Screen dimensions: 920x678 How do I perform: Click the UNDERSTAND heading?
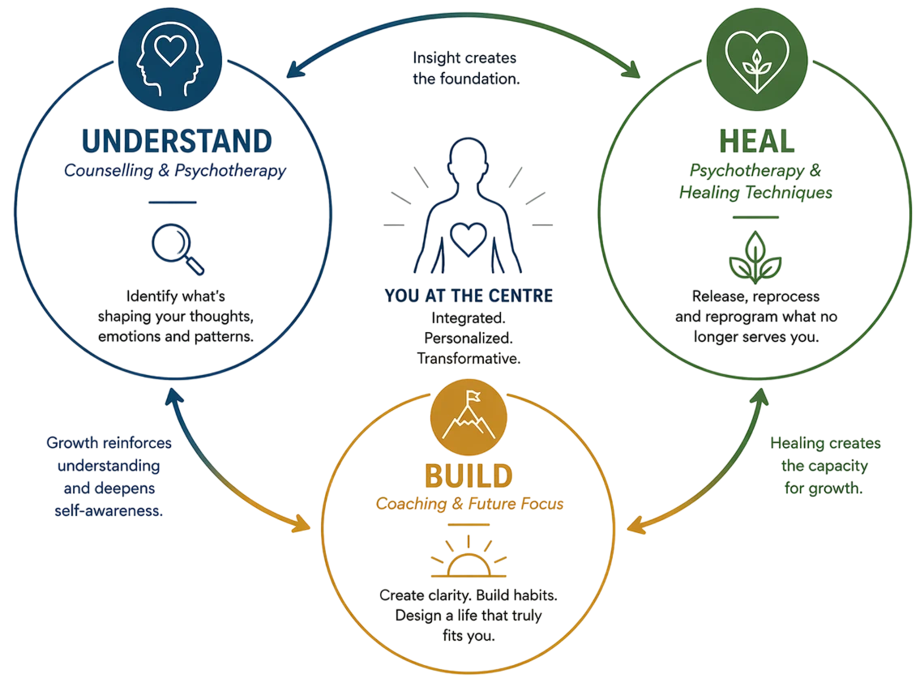coord(177,141)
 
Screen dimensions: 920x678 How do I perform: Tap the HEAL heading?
coord(757,141)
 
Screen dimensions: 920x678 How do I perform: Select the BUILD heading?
coord(469,476)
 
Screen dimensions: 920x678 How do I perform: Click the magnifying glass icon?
coord(178,249)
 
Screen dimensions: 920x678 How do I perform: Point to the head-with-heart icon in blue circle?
coord(170,59)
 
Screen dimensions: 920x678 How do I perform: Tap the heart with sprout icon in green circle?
coord(757,59)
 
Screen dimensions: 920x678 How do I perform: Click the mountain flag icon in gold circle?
coord(469,417)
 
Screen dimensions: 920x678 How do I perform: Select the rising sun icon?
coord(469,556)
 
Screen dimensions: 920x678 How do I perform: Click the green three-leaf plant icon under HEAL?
coord(755,258)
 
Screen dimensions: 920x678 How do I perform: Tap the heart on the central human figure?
coord(469,239)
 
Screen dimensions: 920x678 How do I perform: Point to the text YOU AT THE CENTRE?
coord(469,296)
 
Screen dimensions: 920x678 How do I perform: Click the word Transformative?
coord(469,358)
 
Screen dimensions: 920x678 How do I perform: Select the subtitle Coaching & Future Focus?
coord(469,504)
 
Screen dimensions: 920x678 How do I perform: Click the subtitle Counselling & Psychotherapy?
coord(175,171)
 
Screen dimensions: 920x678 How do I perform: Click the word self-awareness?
coord(109,511)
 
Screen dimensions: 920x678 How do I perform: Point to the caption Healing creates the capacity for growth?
coord(825,465)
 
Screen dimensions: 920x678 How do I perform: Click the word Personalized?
coord(469,339)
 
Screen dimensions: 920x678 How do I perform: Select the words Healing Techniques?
coord(755,192)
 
